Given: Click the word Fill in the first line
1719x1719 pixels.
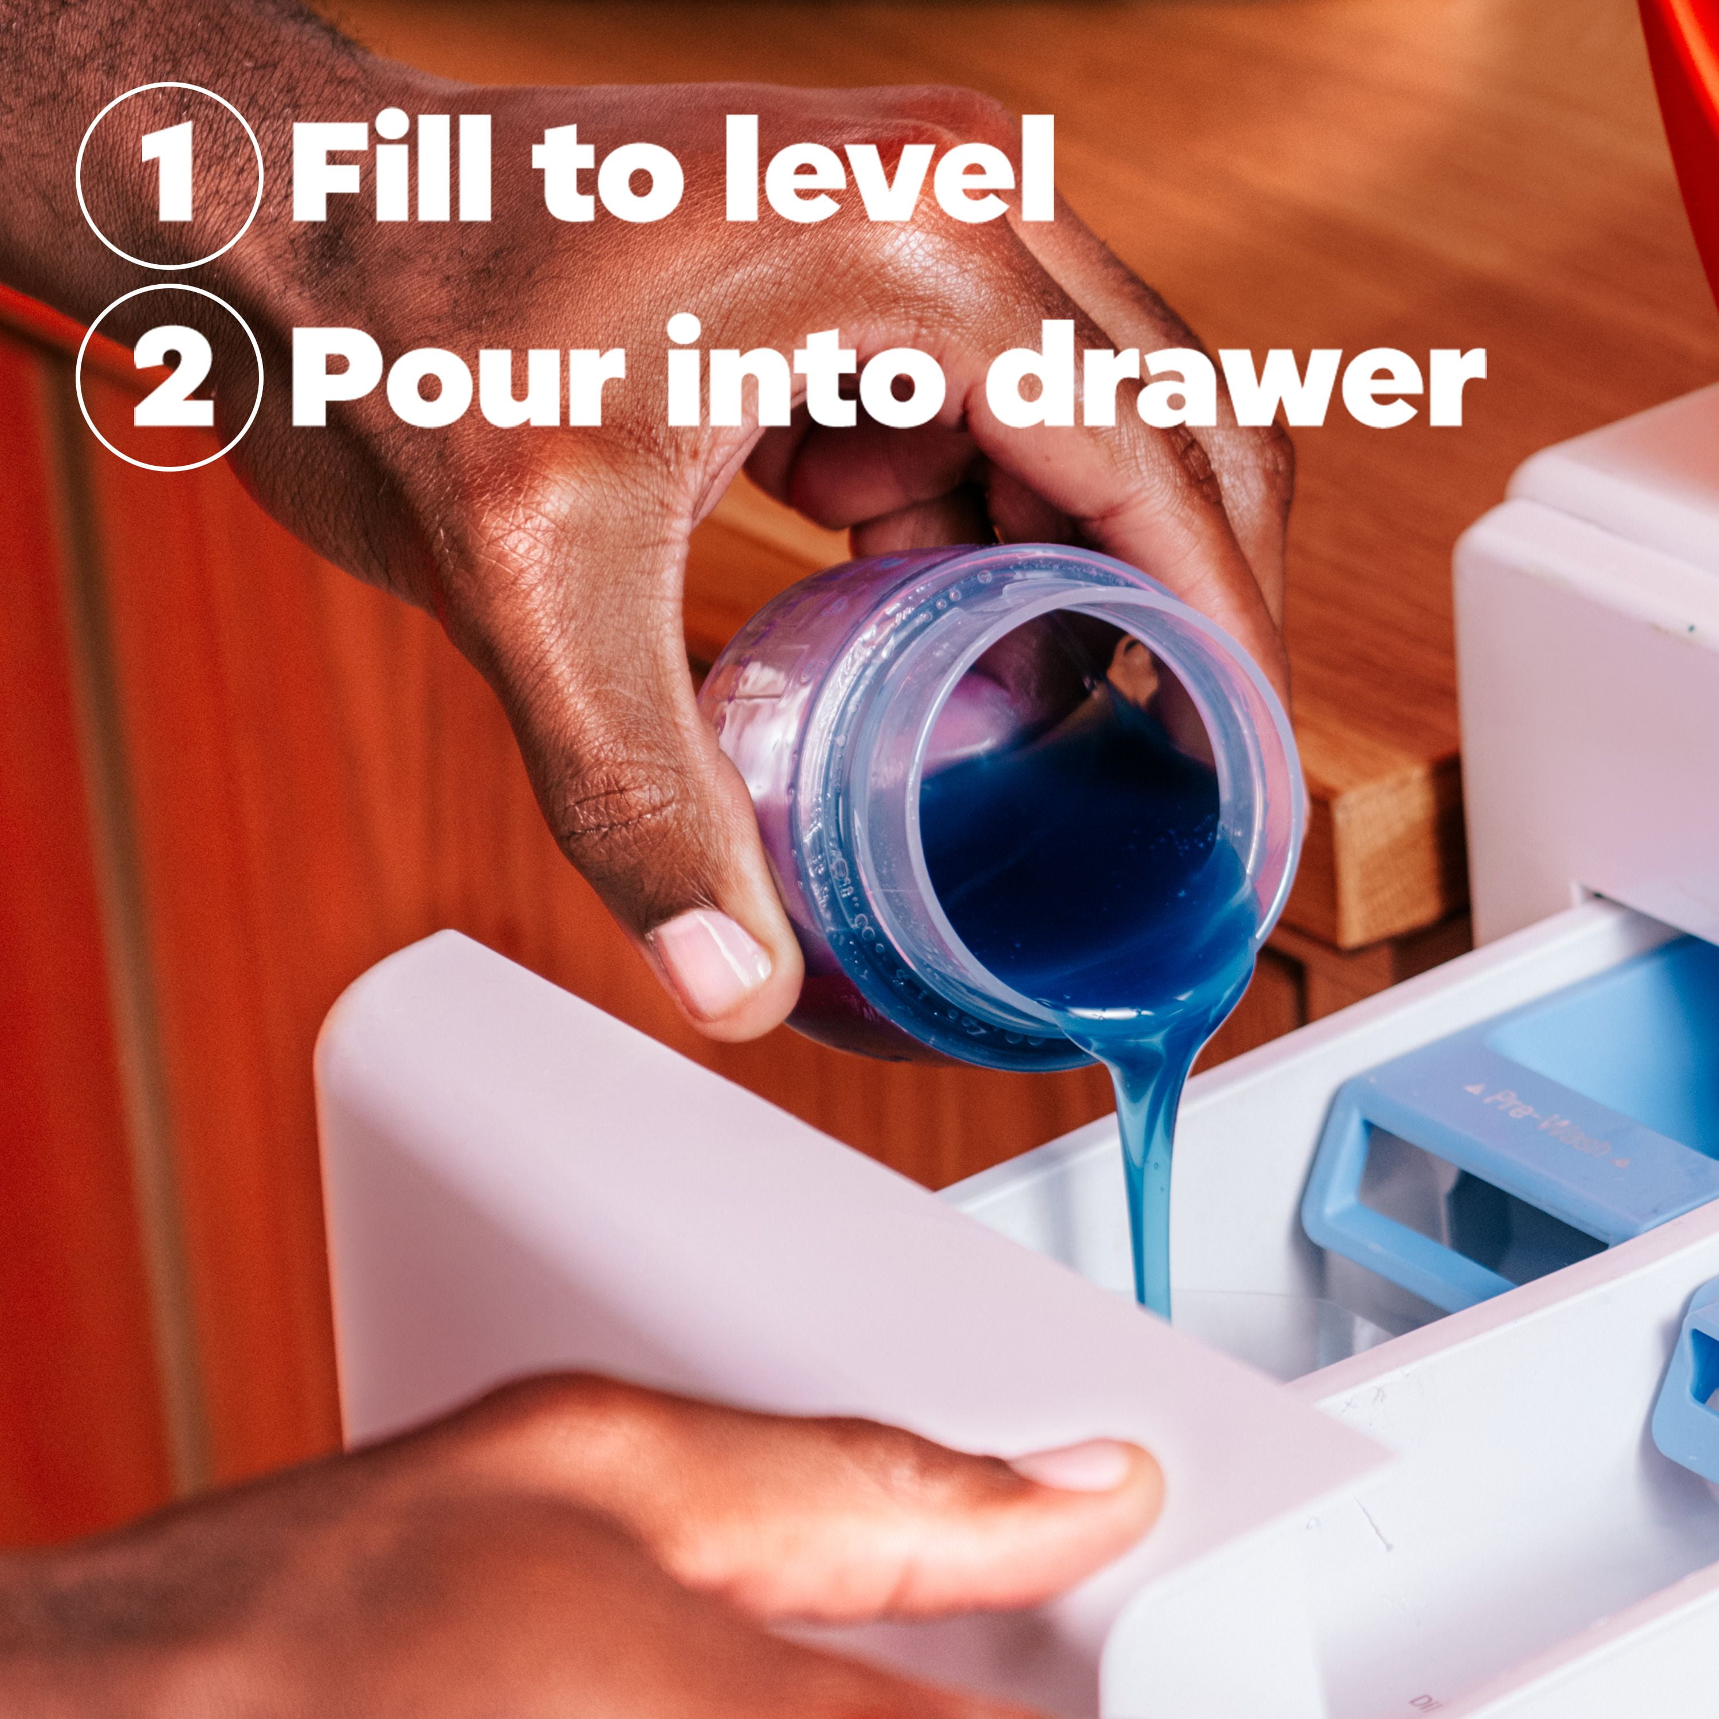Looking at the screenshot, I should (391, 169).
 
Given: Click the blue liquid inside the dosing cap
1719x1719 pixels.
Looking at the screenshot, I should (1067, 854).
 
